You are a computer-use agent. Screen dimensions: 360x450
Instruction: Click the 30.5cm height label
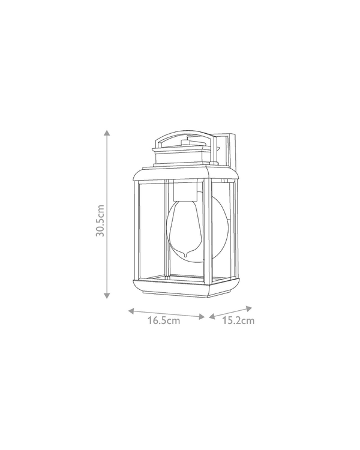(100, 221)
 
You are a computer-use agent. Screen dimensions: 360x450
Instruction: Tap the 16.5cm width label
(164, 320)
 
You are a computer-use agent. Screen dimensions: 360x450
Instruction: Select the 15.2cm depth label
(238, 320)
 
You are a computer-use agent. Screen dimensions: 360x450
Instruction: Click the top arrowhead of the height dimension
(107, 133)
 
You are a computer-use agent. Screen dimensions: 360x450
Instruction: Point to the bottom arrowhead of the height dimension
(107, 295)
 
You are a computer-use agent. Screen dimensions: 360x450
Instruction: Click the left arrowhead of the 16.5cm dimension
(131, 311)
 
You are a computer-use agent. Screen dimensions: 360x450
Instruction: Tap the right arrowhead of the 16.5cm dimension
(202, 317)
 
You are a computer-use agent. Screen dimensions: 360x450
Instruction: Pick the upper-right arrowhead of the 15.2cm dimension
(249, 309)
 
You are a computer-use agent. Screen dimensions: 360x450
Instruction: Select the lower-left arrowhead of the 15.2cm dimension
(212, 316)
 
